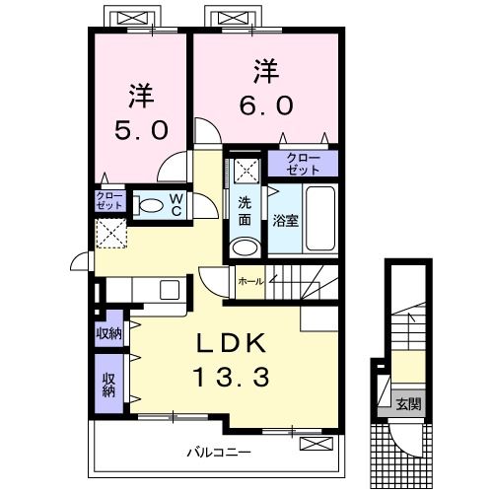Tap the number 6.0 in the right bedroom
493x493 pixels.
point(265,102)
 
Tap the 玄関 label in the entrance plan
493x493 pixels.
point(408,403)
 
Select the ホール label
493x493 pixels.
point(250,281)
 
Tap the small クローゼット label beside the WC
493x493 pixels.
point(108,201)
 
